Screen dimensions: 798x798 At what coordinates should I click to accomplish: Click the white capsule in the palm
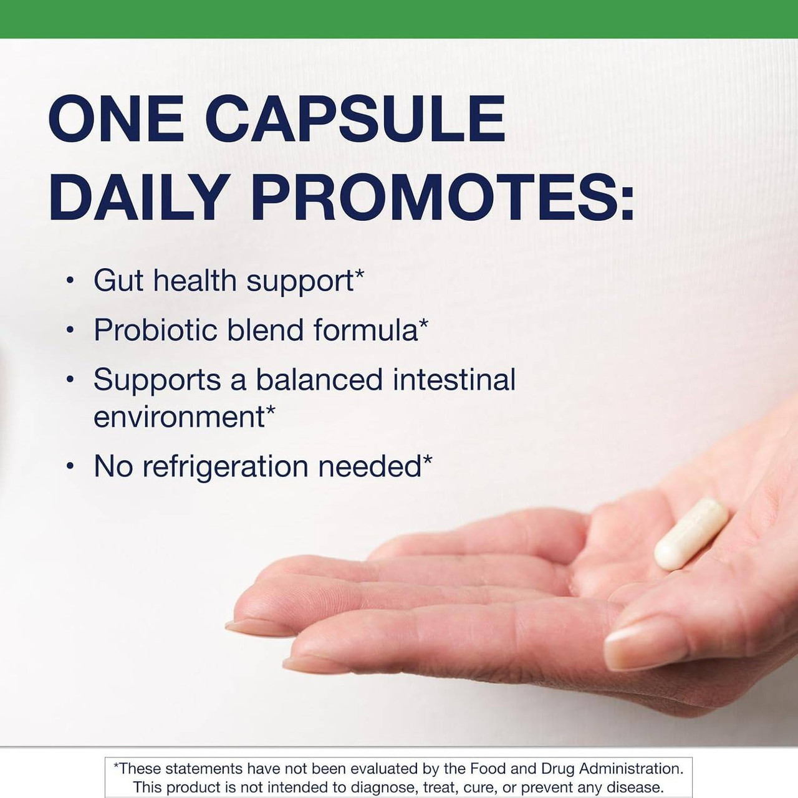tap(691, 534)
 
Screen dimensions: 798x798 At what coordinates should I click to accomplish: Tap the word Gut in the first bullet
tap(118, 281)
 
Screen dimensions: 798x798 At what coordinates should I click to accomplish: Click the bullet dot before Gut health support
tap(70, 281)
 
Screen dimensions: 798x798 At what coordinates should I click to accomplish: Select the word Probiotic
tap(155, 330)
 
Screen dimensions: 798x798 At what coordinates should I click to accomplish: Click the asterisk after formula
tap(424, 324)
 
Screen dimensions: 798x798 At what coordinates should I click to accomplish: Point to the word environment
tap(179, 417)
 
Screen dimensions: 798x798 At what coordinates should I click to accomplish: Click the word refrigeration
tap(226, 467)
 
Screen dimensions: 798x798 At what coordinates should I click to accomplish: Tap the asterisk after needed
tap(428, 460)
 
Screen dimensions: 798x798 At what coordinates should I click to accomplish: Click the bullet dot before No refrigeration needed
tap(70, 466)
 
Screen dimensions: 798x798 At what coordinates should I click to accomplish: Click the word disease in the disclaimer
tap(634, 787)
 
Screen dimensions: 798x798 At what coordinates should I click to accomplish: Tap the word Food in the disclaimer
tap(488, 768)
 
